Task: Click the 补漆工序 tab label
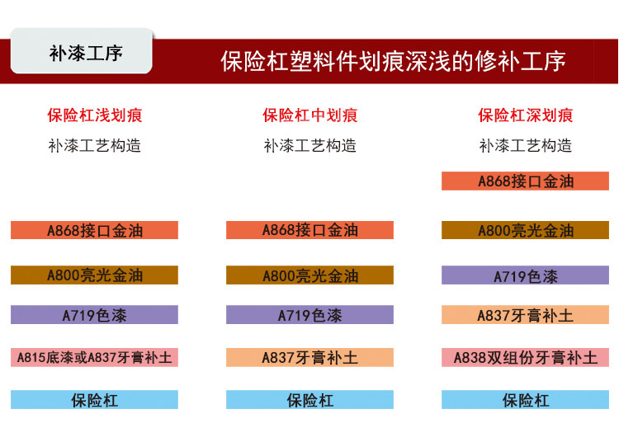pyautogui.click(x=86, y=54)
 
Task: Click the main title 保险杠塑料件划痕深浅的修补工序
pyautogui.click(x=393, y=62)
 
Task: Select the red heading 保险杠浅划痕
pyautogui.click(x=95, y=115)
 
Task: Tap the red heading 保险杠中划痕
pyautogui.click(x=309, y=115)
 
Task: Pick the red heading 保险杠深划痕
pyautogui.click(x=526, y=115)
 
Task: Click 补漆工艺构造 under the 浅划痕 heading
pyautogui.click(x=95, y=145)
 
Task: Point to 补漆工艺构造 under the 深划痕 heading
pyautogui.click(x=526, y=145)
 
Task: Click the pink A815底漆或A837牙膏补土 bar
pyautogui.click(x=94, y=357)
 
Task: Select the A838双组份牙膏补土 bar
pyautogui.click(x=525, y=357)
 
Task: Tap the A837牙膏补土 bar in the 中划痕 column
pyautogui.click(x=309, y=357)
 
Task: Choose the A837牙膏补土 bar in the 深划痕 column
pyautogui.click(x=525, y=315)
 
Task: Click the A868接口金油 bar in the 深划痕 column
pyautogui.click(x=525, y=181)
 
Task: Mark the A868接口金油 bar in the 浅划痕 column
pyautogui.click(x=94, y=230)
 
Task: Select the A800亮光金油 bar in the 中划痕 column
pyautogui.click(x=309, y=275)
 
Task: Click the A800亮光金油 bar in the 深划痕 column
pyautogui.click(x=525, y=230)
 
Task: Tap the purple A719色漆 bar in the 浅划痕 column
pyautogui.click(x=94, y=315)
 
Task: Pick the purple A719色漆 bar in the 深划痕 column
pyautogui.click(x=525, y=275)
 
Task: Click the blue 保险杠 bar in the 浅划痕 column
pyautogui.click(x=94, y=399)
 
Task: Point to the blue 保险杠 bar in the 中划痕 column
pyautogui.click(x=309, y=399)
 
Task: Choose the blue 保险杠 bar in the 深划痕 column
pyautogui.click(x=525, y=399)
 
